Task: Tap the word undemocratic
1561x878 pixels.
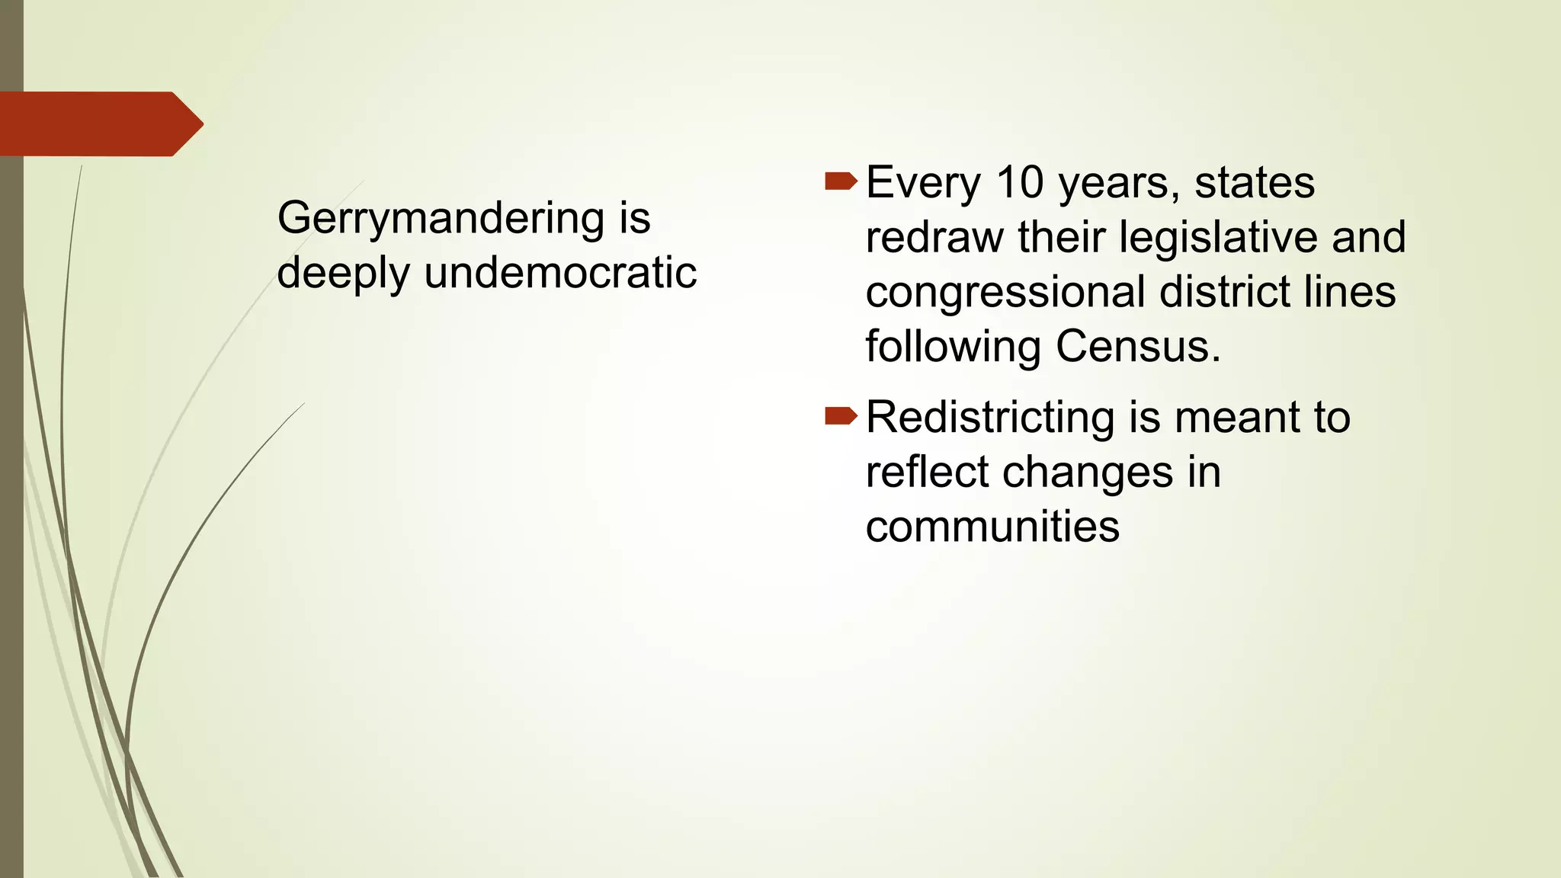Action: click(560, 273)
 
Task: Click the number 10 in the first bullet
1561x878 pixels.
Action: click(1019, 183)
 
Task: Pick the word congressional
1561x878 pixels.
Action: click(1005, 293)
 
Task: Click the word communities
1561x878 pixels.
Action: click(992, 527)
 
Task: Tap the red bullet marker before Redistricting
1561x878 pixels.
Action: click(841, 415)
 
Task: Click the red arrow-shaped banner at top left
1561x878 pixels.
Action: click(99, 123)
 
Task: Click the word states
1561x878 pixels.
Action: click(1254, 183)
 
